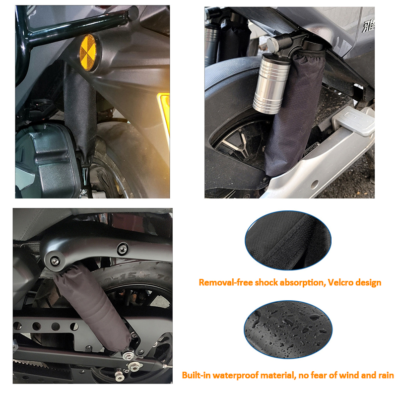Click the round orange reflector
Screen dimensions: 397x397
88,53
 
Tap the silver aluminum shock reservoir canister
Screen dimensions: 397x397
271,83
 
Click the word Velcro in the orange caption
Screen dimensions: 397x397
340,282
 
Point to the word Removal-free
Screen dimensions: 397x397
226,282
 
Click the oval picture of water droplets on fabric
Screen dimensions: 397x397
288,330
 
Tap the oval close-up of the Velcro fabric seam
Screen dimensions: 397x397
288,240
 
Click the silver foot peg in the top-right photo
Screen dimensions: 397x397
353,122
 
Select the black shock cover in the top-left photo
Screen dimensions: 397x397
80,114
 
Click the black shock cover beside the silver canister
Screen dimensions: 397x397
294,111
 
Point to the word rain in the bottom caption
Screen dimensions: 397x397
386,375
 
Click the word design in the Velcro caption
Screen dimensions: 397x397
368,282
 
